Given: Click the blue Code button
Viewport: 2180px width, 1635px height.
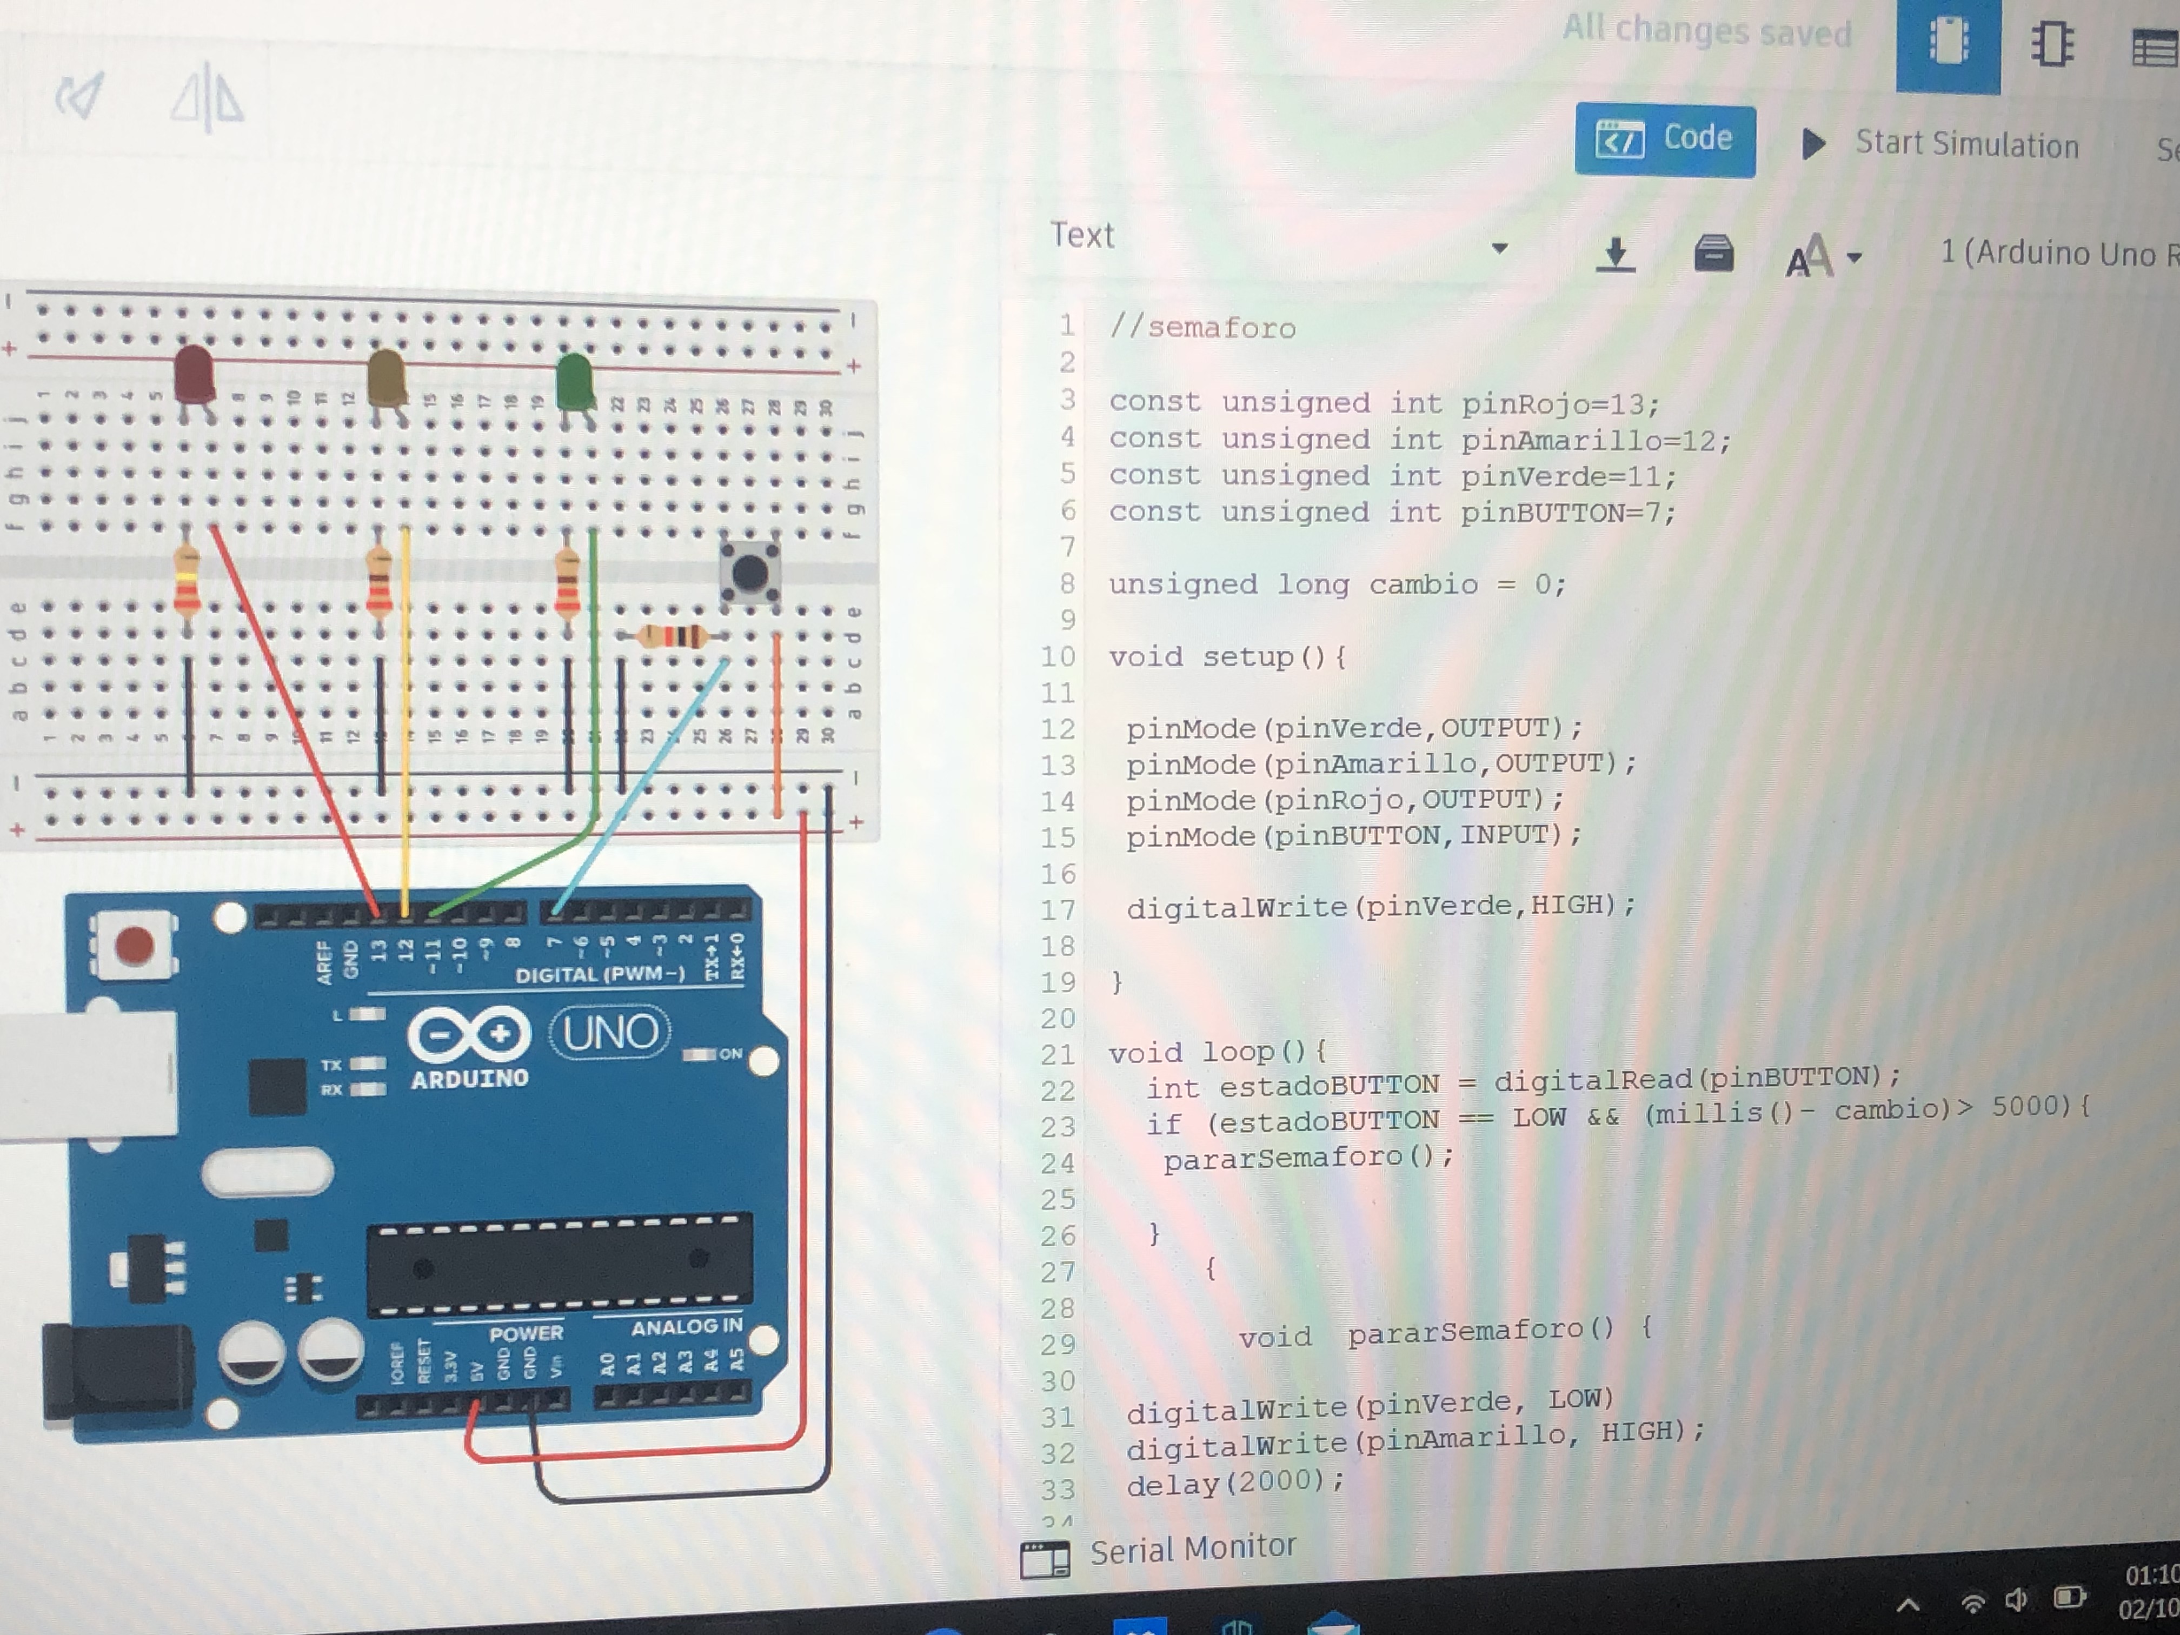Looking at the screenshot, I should pyautogui.click(x=1665, y=139).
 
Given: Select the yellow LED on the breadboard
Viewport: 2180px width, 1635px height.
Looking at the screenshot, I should pyautogui.click(x=386, y=377).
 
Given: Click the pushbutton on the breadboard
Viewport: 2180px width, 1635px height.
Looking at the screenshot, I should pyautogui.click(x=750, y=571).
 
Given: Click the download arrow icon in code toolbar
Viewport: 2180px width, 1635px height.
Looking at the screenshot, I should pyautogui.click(x=1616, y=255).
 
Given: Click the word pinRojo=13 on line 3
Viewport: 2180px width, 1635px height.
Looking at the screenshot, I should pyautogui.click(x=1560, y=404).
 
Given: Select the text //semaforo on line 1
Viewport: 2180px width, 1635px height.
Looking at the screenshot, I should pyautogui.click(x=1202, y=327).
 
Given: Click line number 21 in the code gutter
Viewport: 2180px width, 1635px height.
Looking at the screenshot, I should pyautogui.click(x=1058, y=1054).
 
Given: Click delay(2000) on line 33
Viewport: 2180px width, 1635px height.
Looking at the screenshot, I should pyautogui.click(x=1234, y=1482).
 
